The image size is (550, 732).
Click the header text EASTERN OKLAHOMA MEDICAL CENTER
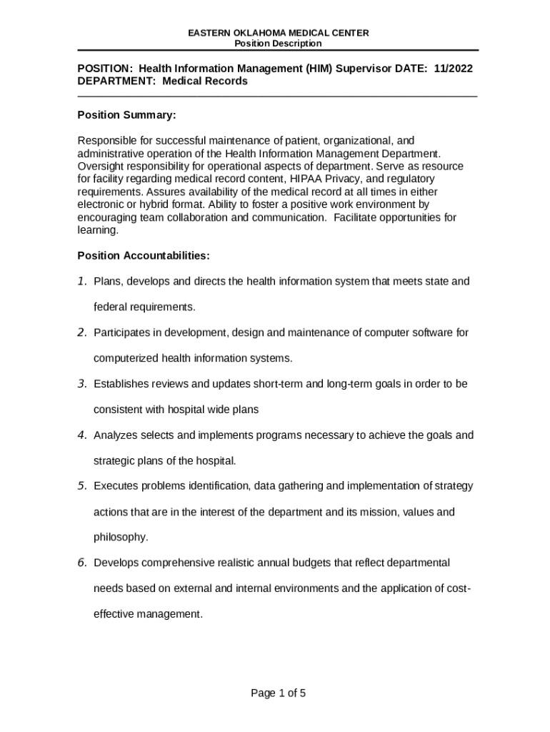(x=278, y=34)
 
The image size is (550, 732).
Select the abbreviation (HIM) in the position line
(x=322, y=68)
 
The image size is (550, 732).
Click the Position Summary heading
(x=126, y=115)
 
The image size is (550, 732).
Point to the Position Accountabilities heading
(x=143, y=255)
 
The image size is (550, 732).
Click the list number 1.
(x=82, y=281)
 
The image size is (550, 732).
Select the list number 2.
(x=82, y=332)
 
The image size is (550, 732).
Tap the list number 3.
(x=82, y=384)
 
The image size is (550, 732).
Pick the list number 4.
(x=82, y=435)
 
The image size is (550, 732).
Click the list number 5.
(x=82, y=486)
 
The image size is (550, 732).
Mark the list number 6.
(x=82, y=563)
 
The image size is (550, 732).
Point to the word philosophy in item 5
(x=121, y=537)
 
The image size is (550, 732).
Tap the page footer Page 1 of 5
(x=278, y=693)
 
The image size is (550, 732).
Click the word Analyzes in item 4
(x=116, y=435)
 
